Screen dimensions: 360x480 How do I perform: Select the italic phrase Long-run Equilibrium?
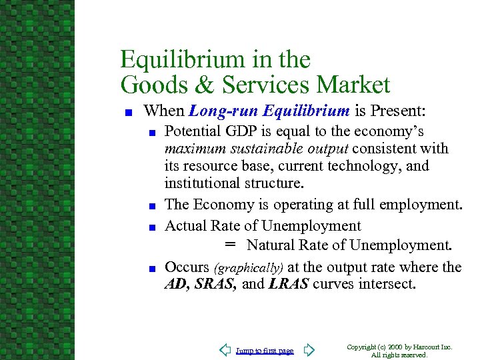[269, 110]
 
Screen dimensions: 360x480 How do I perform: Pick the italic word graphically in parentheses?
[249, 268]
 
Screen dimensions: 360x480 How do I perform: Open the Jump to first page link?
[265, 351]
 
